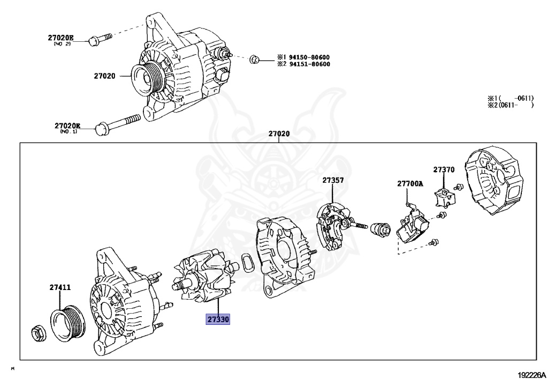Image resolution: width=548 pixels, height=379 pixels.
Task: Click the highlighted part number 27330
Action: point(217,320)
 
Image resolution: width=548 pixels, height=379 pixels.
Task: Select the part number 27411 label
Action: point(60,288)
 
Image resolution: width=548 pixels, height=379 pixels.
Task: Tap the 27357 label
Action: point(333,181)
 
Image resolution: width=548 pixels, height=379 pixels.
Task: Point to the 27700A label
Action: point(410,183)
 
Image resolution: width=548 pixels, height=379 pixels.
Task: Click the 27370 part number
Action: point(444,169)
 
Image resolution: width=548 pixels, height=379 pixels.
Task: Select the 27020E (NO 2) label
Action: point(60,39)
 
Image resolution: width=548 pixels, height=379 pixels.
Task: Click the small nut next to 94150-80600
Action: point(255,58)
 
